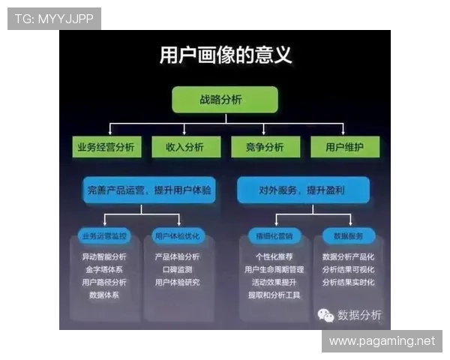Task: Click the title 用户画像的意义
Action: [226, 56]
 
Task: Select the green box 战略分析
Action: [225, 99]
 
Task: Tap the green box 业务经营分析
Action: [106, 147]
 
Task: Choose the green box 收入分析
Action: [184, 147]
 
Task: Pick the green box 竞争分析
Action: [264, 147]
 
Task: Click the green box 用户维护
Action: [345, 147]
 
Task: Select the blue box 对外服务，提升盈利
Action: [303, 190]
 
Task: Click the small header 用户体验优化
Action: [177, 236]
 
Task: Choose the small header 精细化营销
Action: [274, 236]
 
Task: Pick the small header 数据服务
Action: [348, 236]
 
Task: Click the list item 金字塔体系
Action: [104, 269]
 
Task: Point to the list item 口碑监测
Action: [177, 269]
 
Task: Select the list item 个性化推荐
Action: [274, 256]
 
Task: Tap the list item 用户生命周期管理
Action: [274, 269]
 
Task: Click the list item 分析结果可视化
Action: [348, 269]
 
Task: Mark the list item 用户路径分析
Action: [104, 282]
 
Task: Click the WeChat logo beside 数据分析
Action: [325, 315]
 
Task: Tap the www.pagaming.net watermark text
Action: [382, 341]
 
